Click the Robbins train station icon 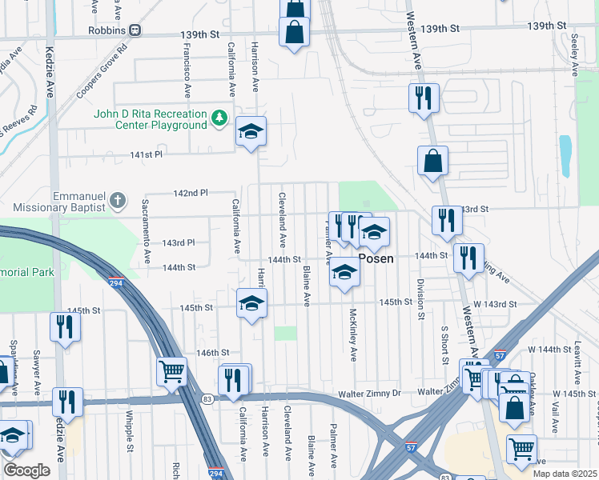coord(135,30)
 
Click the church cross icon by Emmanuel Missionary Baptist coord(118,200)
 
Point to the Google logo coord(26,470)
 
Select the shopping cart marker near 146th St coord(171,372)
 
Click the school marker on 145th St coord(251,303)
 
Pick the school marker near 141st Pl coord(251,132)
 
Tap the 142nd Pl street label coord(191,193)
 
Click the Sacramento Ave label coord(147,231)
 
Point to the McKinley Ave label coord(352,334)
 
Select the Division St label coord(420,299)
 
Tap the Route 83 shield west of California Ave coord(207,398)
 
